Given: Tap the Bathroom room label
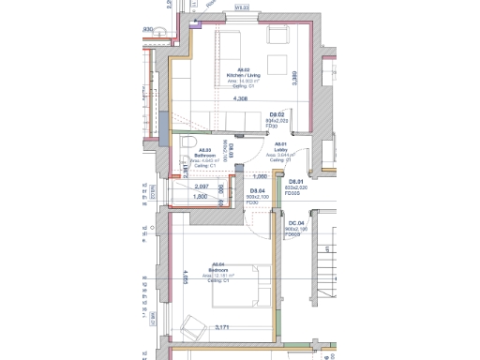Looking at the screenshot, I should click(x=204, y=156).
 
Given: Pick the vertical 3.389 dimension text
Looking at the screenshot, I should click(x=294, y=79).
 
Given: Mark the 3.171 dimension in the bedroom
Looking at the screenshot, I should click(x=222, y=327).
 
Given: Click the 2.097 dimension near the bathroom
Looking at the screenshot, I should click(x=201, y=187).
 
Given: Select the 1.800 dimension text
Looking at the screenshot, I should click(x=200, y=197).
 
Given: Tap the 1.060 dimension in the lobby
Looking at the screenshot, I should click(x=262, y=176).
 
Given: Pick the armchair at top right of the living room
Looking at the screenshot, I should click(x=278, y=37).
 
